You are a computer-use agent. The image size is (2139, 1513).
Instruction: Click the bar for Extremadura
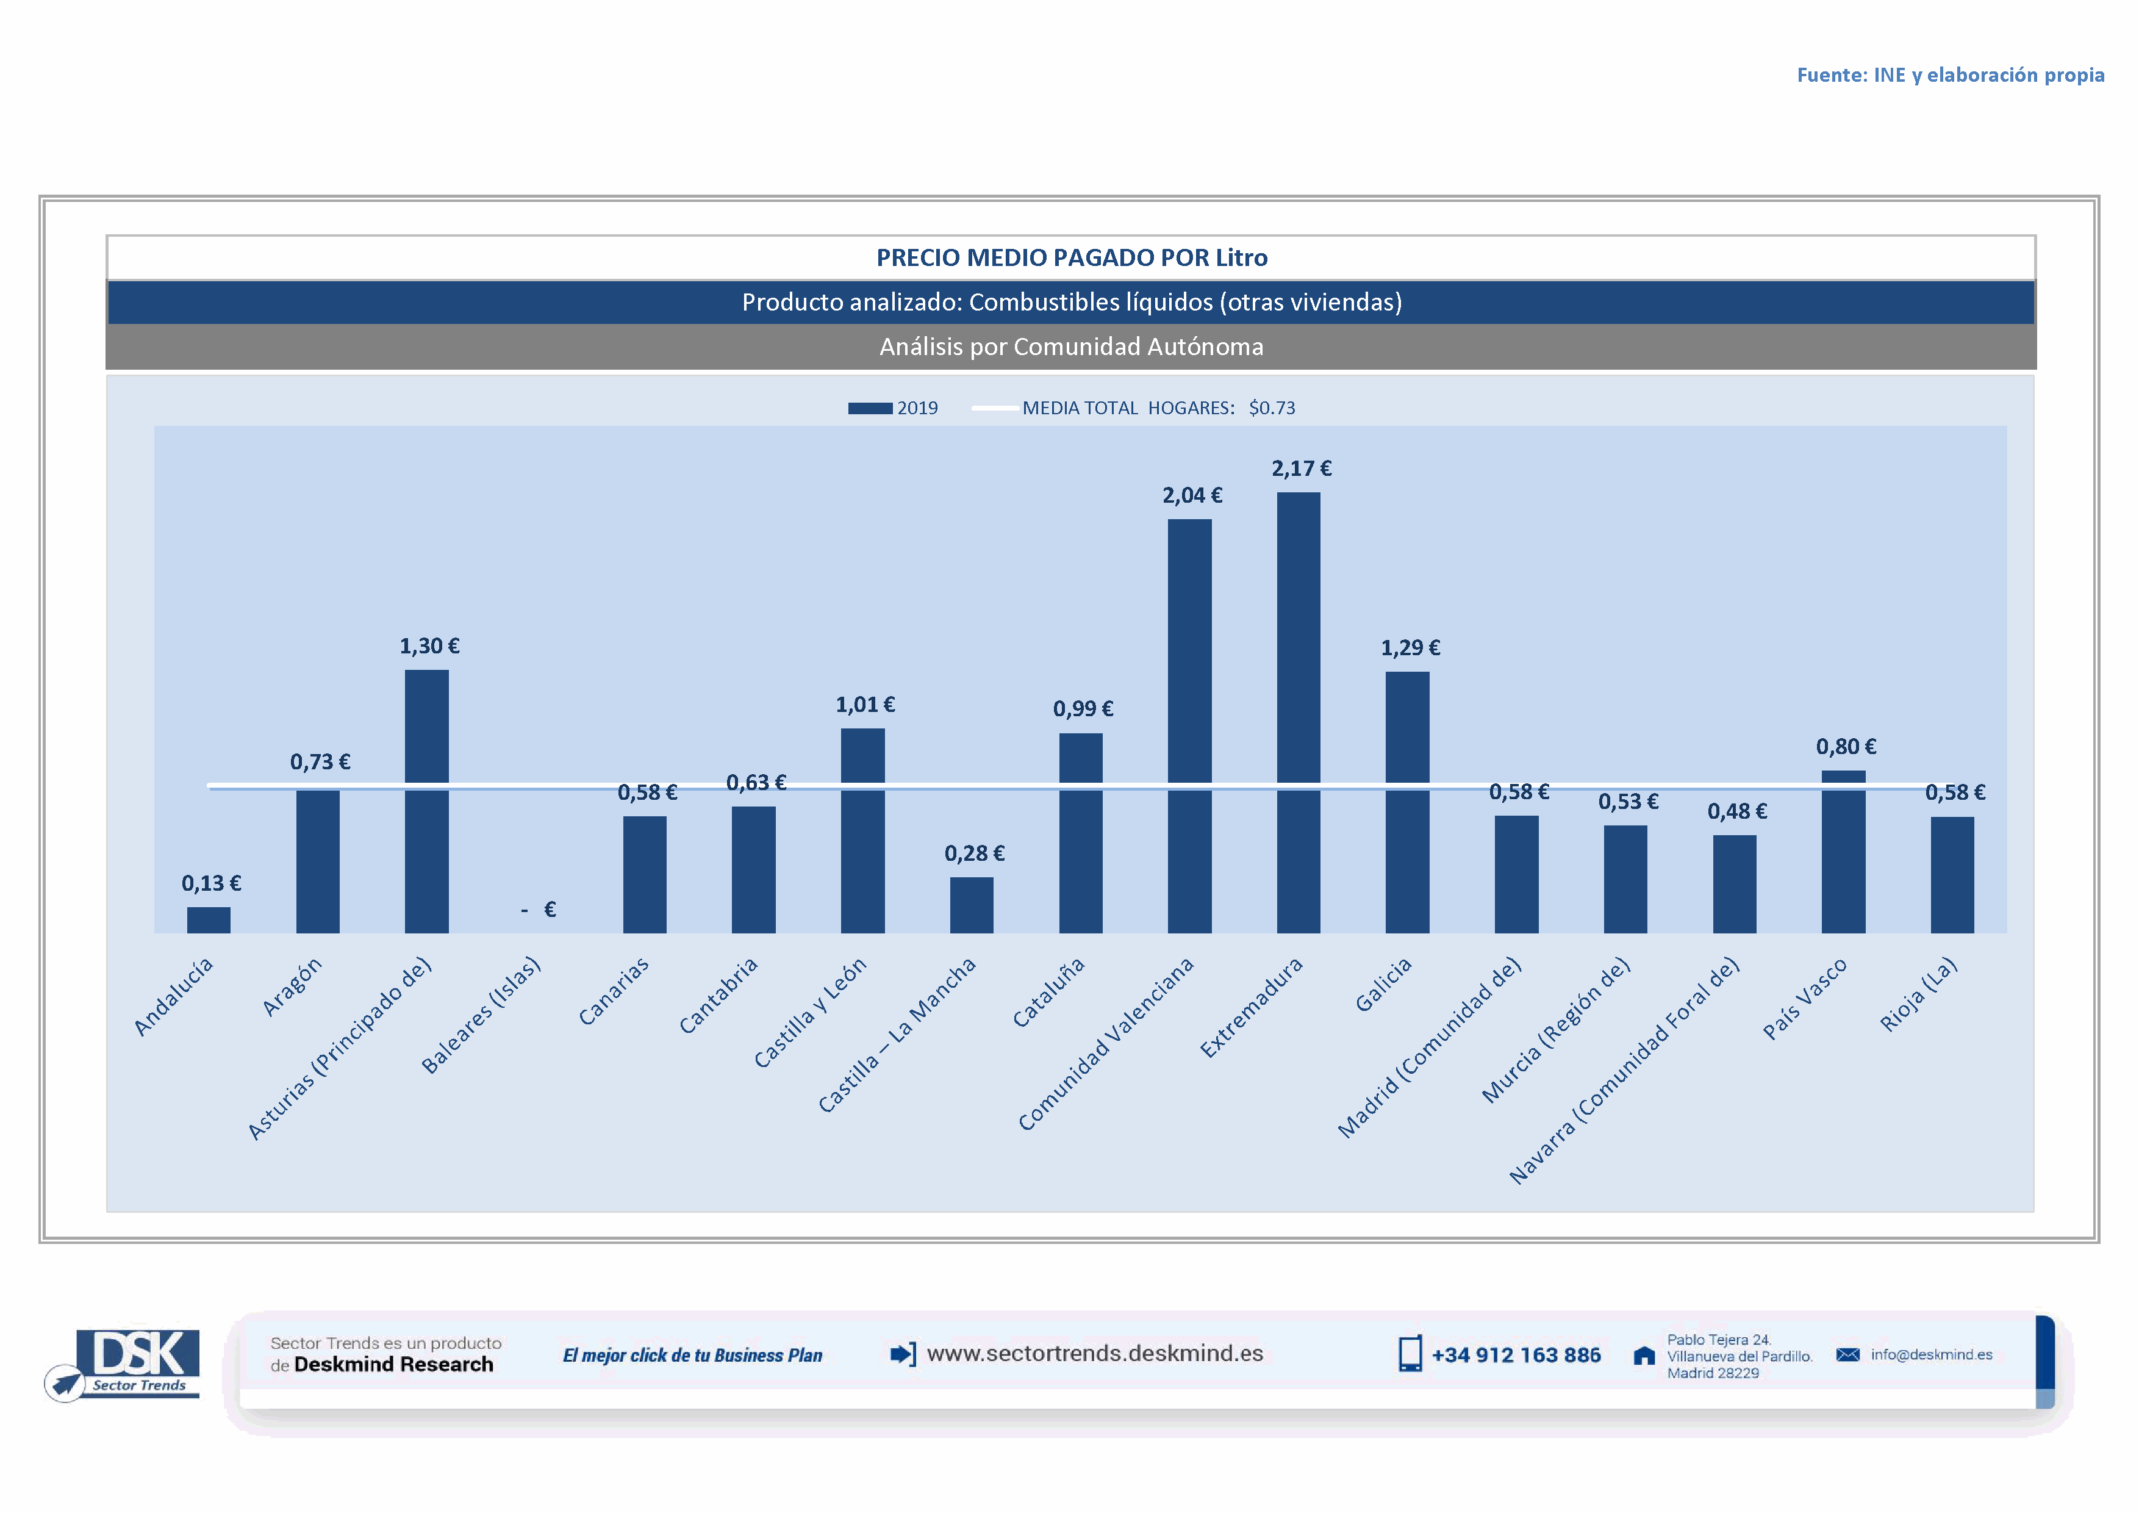coord(1298,713)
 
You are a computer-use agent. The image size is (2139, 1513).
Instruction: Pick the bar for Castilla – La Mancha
coord(972,905)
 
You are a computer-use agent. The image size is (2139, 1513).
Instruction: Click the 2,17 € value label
coord(1302,469)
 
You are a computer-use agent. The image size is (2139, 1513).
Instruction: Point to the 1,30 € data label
coord(429,647)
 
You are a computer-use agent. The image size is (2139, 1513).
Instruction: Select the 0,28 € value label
coord(975,854)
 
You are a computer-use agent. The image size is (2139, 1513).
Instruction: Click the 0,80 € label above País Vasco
coord(1846,746)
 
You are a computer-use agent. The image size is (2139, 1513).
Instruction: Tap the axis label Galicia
coord(1383,985)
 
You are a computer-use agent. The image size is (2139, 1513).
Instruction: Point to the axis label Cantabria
coord(718,996)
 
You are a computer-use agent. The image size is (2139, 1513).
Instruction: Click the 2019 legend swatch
coord(870,408)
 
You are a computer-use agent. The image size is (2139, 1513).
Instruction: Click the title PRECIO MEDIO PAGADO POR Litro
coord(1072,258)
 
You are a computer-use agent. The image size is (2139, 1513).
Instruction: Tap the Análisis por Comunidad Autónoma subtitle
coord(1072,347)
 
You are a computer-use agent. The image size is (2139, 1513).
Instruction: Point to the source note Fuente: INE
coord(1950,76)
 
